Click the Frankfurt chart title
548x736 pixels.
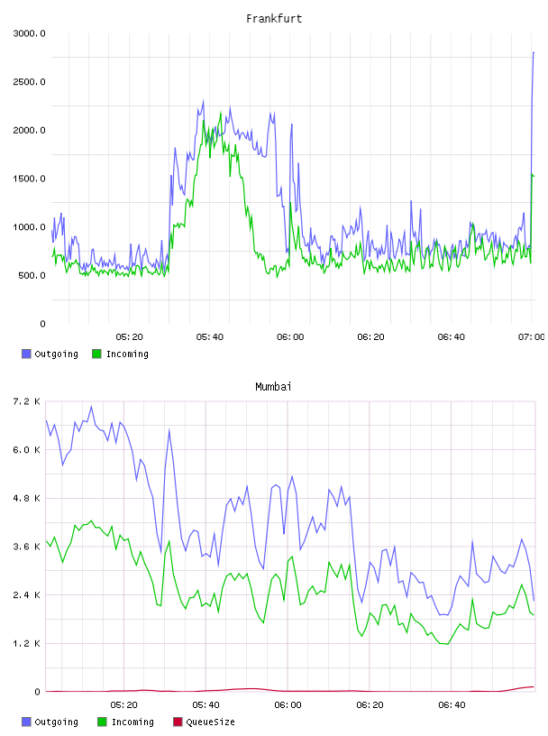tap(274, 18)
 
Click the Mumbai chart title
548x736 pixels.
tap(273, 386)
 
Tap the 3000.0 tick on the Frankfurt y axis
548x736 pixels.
tap(29, 33)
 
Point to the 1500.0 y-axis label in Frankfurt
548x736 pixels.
tap(29, 179)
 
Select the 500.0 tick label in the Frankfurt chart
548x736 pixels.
tap(32, 275)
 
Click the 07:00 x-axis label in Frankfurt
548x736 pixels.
tap(532, 336)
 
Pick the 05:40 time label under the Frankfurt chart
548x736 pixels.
tap(210, 336)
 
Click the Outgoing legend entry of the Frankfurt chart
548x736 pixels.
tap(50, 354)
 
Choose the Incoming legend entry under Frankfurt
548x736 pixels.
tap(121, 354)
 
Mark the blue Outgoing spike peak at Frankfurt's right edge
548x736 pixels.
tap(534, 52)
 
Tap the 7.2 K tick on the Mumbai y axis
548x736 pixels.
tap(26, 401)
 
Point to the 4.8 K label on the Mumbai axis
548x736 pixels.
tap(26, 498)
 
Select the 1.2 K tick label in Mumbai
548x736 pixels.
tap(26, 643)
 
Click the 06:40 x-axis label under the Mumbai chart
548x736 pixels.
tap(452, 704)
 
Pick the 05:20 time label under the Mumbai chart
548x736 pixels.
tap(123, 704)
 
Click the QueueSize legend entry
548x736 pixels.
tap(205, 722)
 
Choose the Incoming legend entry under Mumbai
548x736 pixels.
tap(126, 722)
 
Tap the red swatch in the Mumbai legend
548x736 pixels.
tap(178, 722)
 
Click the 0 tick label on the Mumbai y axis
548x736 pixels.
tap(38, 692)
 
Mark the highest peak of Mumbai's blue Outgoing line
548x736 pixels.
tap(92, 407)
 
